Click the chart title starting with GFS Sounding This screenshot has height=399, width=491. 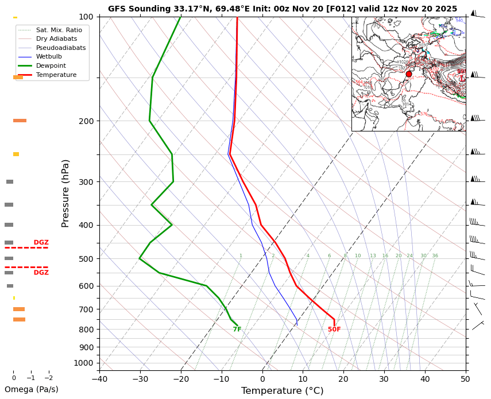[283, 9]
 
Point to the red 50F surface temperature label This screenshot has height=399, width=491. [334, 330]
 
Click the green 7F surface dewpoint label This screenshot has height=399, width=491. [237, 330]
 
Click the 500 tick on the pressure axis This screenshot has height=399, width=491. [86, 259]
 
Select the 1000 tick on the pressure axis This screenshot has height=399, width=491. [84, 363]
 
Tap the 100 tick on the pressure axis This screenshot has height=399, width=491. [86, 17]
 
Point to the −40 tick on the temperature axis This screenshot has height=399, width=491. [99, 379]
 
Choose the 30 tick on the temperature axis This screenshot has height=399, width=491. [384, 379]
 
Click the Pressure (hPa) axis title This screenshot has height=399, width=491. [65, 193]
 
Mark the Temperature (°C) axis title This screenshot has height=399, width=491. [282, 391]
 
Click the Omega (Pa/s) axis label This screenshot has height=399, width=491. [31, 389]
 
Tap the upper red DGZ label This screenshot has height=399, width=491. [41, 243]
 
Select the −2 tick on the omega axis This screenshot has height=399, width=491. [48, 378]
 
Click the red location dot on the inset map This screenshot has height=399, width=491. [409, 74]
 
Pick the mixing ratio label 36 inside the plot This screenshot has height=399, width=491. [435, 256]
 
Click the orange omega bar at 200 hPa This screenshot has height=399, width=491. [20, 121]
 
